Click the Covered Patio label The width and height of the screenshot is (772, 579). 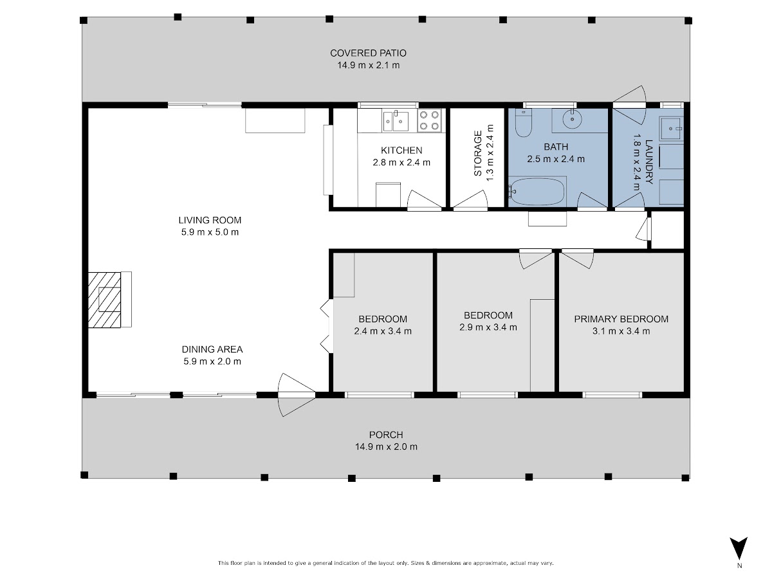pyautogui.click(x=368, y=53)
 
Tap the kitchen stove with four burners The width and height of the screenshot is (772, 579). pyautogui.click(x=430, y=120)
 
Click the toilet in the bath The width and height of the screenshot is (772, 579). pyautogui.click(x=523, y=123)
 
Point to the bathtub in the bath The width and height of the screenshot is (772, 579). pyautogui.click(x=537, y=192)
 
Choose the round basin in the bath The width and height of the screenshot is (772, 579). pyautogui.click(x=572, y=119)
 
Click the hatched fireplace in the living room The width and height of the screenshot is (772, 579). pyautogui.click(x=104, y=300)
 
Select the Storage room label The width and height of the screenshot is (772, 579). pyautogui.click(x=477, y=153)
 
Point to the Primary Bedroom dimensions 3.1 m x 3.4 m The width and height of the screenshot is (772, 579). pyautogui.click(x=621, y=331)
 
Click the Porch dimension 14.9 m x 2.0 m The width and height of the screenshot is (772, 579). pyautogui.click(x=386, y=447)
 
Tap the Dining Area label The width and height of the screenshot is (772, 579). pyautogui.click(x=212, y=349)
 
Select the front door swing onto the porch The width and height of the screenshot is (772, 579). pyautogui.click(x=296, y=395)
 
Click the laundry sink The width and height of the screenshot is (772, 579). pyautogui.click(x=671, y=129)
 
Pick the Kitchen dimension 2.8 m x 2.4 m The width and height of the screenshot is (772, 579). pyautogui.click(x=401, y=162)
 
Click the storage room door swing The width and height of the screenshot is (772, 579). pyautogui.click(x=470, y=199)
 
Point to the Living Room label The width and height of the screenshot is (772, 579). pyautogui.click(x=210, y=220)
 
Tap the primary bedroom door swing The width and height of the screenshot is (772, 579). pyautogui.click(x=578, y=259)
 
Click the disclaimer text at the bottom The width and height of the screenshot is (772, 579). pyautogui.click(x=386, y=563)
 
